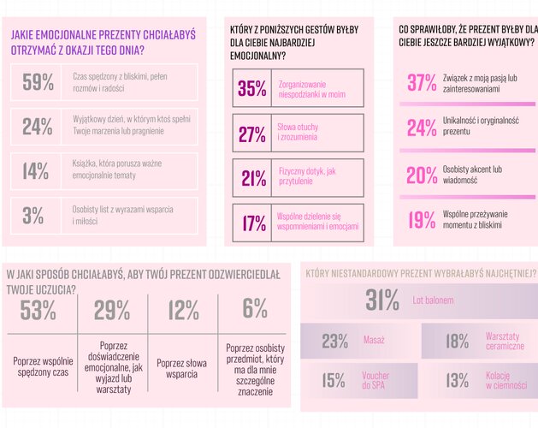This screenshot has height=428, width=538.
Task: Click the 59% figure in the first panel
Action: click(38, 82)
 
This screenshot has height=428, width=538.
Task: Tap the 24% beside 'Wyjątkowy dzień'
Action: click(38, 127)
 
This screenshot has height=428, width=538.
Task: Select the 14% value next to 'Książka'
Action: click(36, 171)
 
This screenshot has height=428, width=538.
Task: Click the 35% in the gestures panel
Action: click(252, 88)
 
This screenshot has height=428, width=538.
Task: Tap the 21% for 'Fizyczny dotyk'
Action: click(253, 178)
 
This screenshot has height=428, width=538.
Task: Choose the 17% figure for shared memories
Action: click(253, 223)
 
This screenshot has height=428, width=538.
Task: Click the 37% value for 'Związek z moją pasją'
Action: click(422, 82)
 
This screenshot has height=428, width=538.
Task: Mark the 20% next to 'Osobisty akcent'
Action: click(422, 175)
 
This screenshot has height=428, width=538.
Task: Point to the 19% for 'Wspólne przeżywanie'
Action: click(422, 220)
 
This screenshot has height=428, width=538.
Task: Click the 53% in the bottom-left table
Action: click(38, 311)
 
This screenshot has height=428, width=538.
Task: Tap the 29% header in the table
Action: click(112, 311)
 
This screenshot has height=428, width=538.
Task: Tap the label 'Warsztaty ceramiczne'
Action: click(503, 341)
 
